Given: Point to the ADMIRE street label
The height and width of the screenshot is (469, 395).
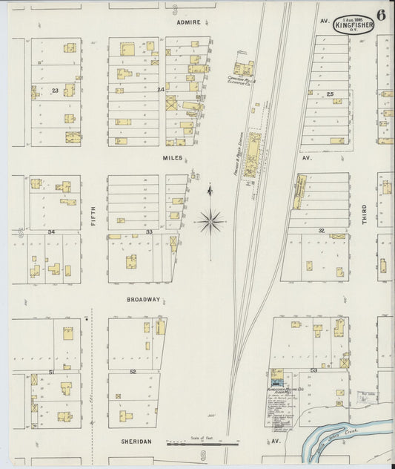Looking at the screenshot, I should coord(189,22).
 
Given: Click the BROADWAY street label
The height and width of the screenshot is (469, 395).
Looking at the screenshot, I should coord(143,300).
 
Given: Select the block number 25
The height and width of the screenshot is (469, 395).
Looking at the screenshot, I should coord(330,94).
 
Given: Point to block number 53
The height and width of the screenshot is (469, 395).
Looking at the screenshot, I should coord(313,369).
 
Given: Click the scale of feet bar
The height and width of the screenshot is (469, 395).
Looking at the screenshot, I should coord(191,445).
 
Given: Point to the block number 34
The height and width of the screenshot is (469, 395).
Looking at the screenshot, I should coord(51,232).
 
